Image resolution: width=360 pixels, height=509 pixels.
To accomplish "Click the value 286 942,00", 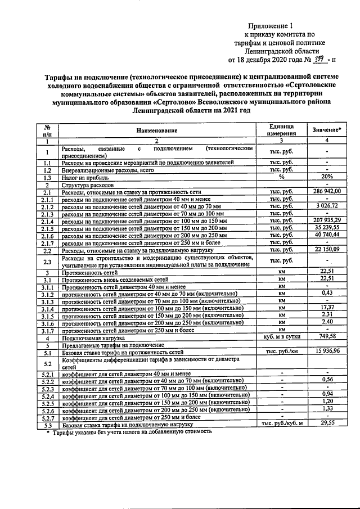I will (x=327, y=191).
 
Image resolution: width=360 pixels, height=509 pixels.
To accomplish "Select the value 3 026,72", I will (x=327, y=206).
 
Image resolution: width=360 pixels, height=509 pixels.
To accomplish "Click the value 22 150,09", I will (x=327, y=249).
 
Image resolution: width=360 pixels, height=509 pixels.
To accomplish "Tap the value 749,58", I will (x=327, y=337).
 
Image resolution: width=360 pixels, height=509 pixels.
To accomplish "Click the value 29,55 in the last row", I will (x=327, y=423).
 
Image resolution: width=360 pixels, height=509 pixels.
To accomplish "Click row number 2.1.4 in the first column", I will (x=48, y=220).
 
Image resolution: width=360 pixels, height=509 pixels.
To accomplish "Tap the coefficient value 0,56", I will (x=327, y=380).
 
